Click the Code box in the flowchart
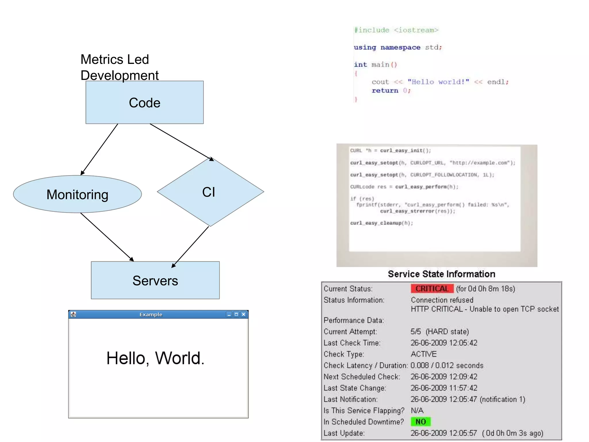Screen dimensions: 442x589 click(144, 102)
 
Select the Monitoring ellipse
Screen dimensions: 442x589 click(77, 195)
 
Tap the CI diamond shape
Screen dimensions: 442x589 click(210, 192)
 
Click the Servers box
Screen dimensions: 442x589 click(155, 281)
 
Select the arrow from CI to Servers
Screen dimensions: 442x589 click(190, 247)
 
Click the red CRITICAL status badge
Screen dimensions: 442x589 click(432, 289)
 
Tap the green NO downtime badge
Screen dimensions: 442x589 click(420, 422)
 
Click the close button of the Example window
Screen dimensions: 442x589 click(244, 314)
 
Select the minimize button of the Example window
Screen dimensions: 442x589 click(229, 315)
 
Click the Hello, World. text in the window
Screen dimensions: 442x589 click(155, 358)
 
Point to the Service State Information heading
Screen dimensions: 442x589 click(441, 274)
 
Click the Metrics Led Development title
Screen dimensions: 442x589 click(119, 67)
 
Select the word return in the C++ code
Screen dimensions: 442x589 click(385, 91)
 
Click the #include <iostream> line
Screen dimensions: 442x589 click(396, 30)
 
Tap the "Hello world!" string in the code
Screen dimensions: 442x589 click(438, 82)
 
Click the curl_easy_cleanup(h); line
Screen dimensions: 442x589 click(381, 223)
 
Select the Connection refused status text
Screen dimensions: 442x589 click(442, 300)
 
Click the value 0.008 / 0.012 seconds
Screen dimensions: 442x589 click(447, 365)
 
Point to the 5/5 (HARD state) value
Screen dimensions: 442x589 click(439, 331)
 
